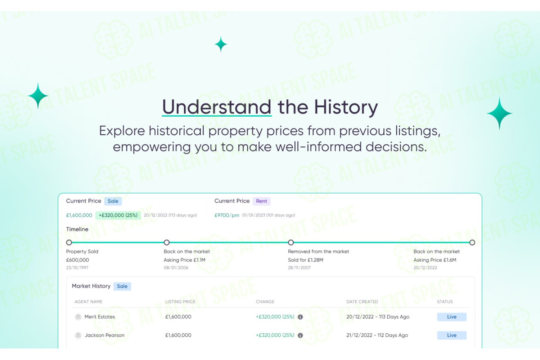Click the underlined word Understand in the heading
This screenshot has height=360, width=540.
217,107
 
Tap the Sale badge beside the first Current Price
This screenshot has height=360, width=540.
113,201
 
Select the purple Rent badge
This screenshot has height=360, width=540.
261,201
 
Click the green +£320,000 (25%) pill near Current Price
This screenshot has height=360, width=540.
118,215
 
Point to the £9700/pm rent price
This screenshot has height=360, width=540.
227,215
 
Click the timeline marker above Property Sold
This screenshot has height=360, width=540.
69,242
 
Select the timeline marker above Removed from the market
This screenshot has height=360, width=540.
291,242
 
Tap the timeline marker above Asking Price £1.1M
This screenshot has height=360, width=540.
167,242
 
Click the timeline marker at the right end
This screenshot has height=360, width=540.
472,242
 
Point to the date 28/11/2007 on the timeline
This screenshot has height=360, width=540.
299,267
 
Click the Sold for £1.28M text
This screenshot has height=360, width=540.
305,260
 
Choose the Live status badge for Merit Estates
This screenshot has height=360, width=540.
452,317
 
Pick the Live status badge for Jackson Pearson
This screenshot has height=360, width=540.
452,335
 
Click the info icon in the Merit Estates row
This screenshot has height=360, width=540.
300,317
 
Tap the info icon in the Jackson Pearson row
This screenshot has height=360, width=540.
300,336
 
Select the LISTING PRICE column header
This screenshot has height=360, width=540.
180,302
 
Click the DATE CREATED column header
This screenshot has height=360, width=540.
362,302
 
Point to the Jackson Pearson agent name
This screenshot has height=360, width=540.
104,335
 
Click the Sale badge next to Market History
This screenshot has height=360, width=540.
122,286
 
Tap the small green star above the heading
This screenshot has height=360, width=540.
221,44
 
